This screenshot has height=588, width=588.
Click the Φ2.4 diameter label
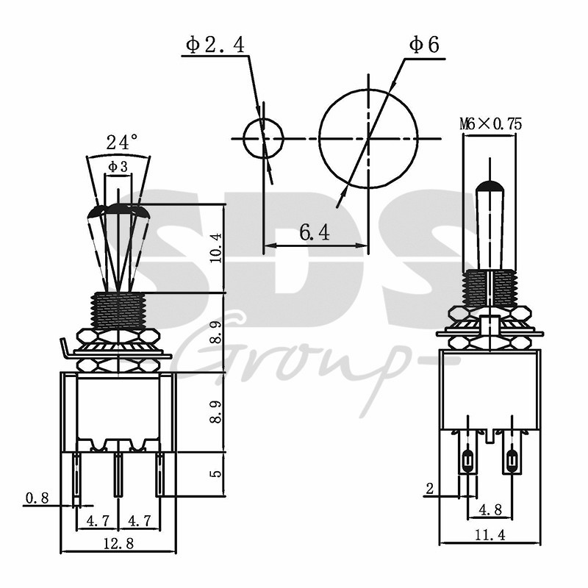(x=215, y=45)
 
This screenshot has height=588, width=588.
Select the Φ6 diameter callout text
(x=424, y=46)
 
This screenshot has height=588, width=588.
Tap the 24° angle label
(x=122, y=142)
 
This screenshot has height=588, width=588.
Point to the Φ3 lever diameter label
(x=118, y=167)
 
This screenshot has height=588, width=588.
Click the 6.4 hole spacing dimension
(x=315, y=233)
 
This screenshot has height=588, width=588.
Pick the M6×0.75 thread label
(x=490, y=123)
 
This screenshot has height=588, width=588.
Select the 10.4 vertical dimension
(x=215, y=248)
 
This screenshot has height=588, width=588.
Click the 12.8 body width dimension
(x=118, y=542)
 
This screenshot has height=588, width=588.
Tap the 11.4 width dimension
(x=490, y=535)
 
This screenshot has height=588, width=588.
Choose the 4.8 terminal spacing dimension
(x=490, y=509)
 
